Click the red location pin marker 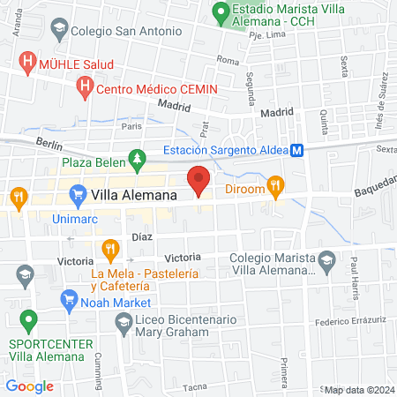click(198, 181)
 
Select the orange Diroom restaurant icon click(276, 185)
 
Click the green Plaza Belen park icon click(136, 161)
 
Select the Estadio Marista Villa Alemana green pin click(220, 13)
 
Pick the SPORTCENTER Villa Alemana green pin click(29, 320)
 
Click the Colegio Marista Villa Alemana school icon click(327, 260)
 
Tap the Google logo click(30, 386)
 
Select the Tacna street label click(194, 386)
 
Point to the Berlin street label click(49, 142)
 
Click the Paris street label click(131, 126)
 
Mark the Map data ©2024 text click(358, 390)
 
